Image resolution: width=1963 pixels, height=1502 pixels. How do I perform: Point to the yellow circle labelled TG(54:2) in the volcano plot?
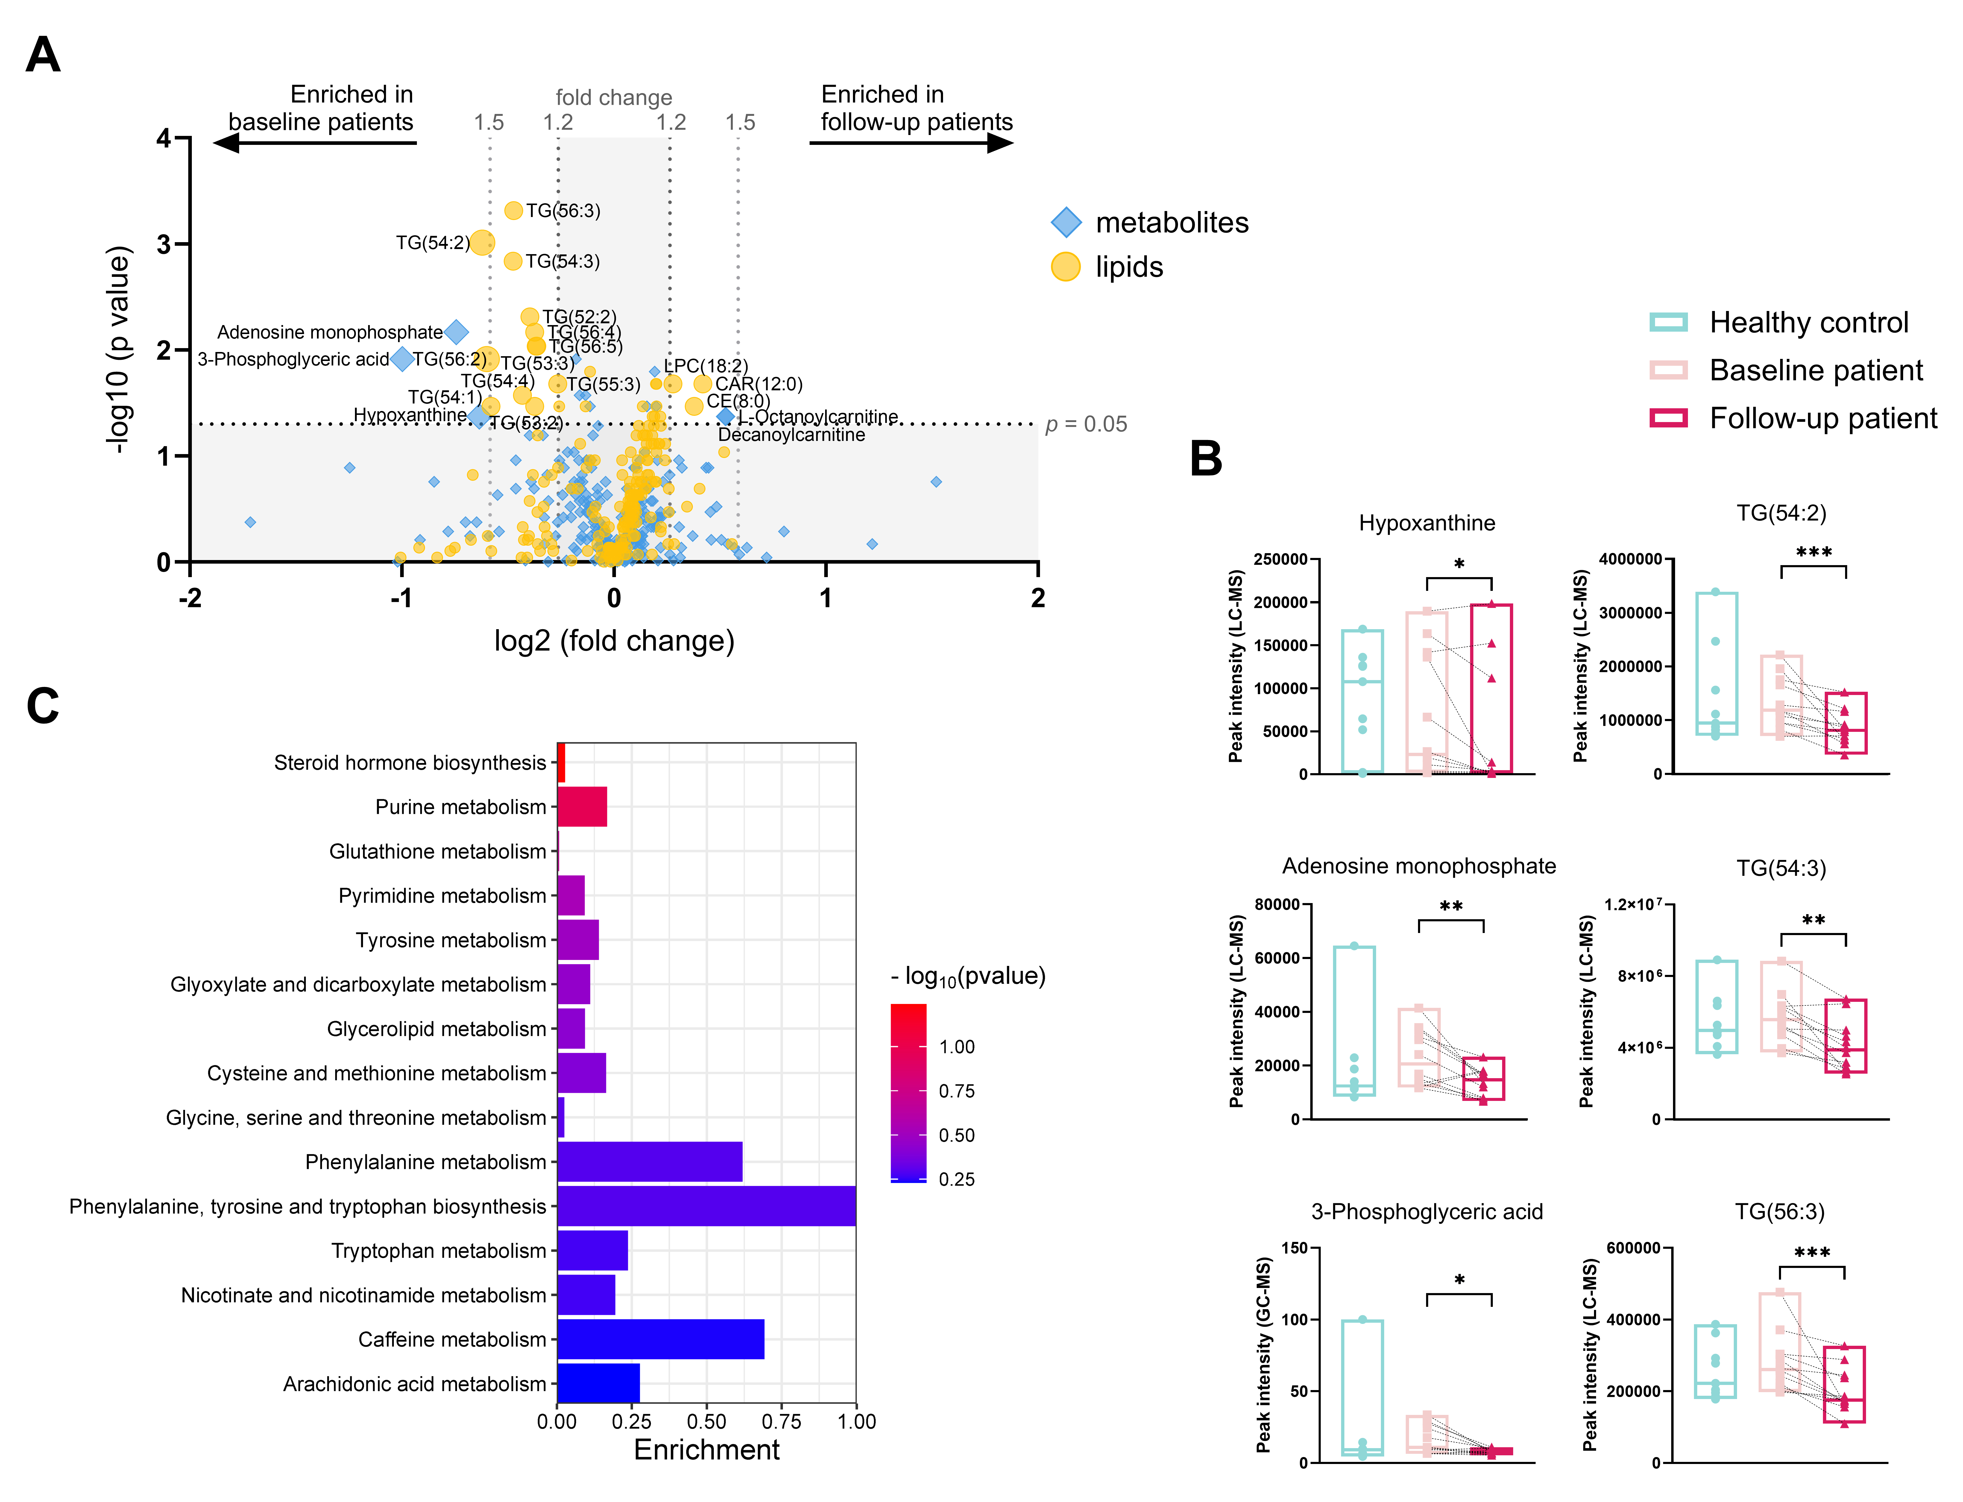click(x=482, y=242)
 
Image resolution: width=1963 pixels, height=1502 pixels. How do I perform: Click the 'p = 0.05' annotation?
click(x=1086, y=425)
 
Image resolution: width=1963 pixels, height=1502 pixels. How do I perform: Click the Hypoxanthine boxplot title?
click(x=1427, y=523)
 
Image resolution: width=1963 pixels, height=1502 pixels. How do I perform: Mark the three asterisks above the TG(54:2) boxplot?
click(x=1814, y=552)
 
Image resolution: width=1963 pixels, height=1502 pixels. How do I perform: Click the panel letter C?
click(x=43, y=706)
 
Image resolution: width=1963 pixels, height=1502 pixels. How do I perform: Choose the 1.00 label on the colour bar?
click(x=957, y=1047)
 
